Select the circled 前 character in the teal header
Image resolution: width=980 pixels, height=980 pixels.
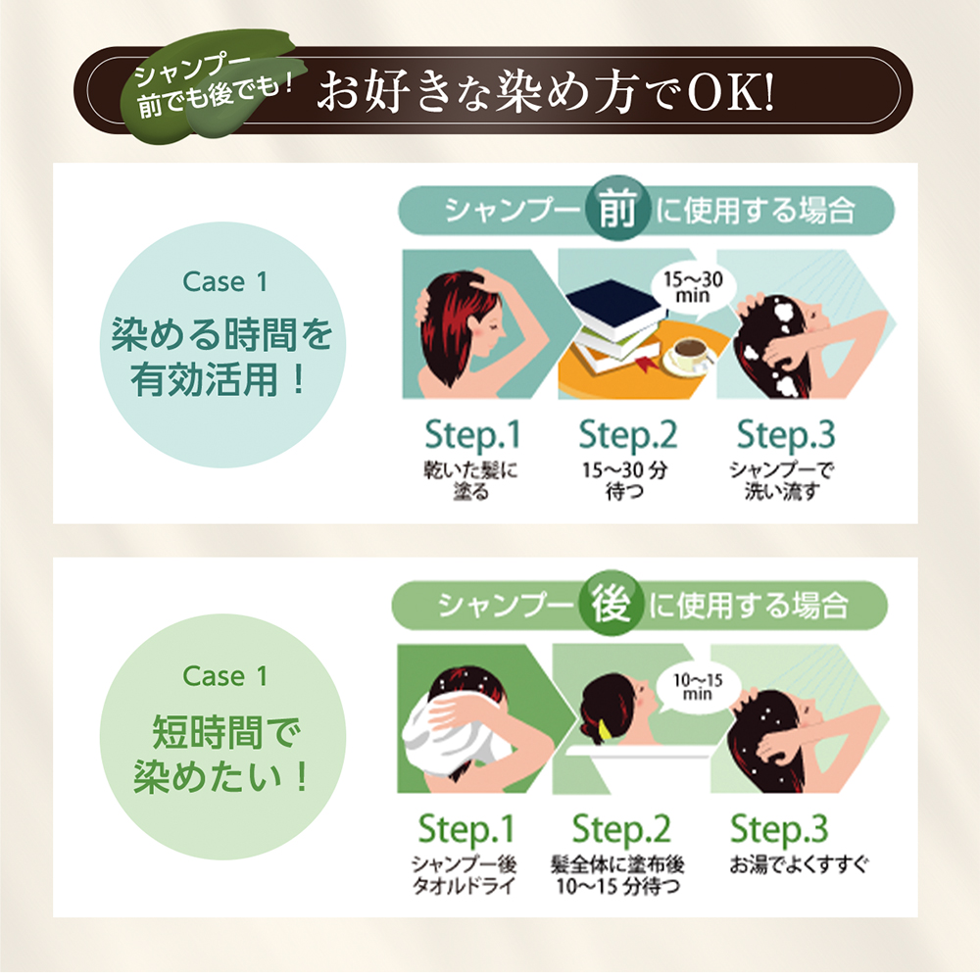coord(617,211)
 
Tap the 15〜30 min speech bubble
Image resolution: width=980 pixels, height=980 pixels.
coord(692,287)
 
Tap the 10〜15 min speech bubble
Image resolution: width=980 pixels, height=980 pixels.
coord(698,686)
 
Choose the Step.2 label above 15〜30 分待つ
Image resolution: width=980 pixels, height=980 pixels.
coord(627,433)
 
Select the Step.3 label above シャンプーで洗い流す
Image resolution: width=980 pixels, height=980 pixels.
coord(782,433)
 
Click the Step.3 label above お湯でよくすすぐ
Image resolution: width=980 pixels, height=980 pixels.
coord(779,829)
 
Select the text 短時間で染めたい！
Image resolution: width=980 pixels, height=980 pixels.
coord(222,756)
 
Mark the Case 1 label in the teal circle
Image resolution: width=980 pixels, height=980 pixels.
coord(224,282)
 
